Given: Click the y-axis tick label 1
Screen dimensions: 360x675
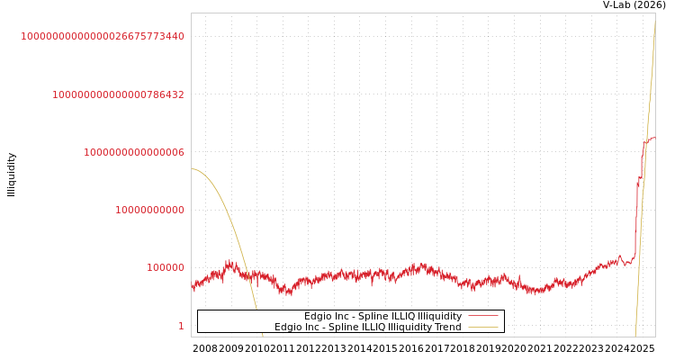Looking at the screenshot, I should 181,326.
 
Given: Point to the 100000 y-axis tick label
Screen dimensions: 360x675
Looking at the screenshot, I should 166,267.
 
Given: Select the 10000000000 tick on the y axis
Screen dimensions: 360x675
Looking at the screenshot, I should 149,210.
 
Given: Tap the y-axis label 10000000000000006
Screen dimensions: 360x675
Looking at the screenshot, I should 134,152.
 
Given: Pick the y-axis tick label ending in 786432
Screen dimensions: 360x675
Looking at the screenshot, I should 118,94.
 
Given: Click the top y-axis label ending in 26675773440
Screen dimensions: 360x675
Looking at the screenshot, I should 103,36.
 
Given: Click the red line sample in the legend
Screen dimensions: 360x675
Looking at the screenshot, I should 482,316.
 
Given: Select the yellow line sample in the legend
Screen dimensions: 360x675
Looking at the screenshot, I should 482,327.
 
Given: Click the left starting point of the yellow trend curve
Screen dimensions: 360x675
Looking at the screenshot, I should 192,168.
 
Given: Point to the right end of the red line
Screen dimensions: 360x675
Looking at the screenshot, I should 654,138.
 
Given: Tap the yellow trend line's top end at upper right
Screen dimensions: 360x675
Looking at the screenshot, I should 654,22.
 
